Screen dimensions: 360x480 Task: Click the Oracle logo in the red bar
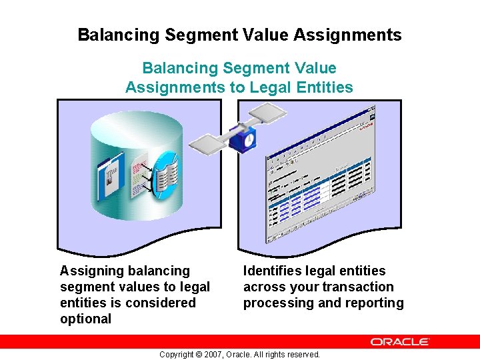(x=400, y=341)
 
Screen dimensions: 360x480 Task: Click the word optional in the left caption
(x=85, y=319)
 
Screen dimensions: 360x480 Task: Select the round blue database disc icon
(x=165, y=175)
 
